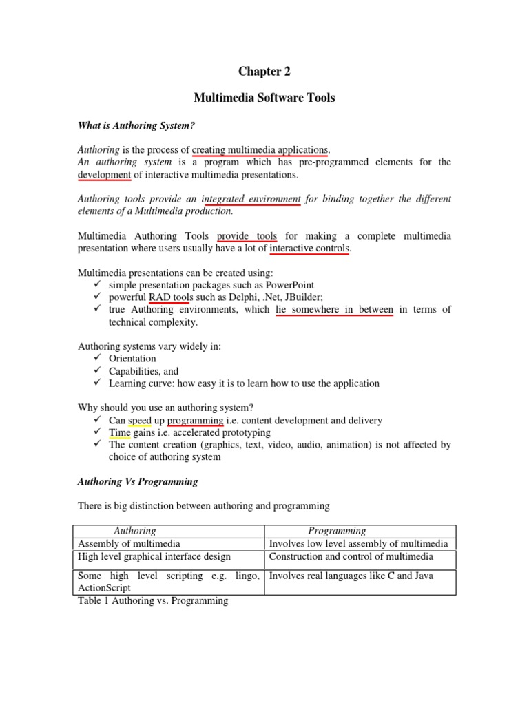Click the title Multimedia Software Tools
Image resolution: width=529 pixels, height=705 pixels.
pyautogui.click(x=264, y=98)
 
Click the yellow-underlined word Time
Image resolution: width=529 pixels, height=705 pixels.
pyautogui.click(x=119, y=432)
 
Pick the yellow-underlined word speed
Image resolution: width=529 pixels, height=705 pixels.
pyautogui.click(x=140, y=420)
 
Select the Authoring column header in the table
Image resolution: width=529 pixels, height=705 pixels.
pyautogui.click(x=134, y=531)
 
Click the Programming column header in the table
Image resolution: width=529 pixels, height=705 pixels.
pyautogui.click(x=337, y=531)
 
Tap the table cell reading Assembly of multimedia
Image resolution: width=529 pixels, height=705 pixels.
pyautogui.click(x=129, y=543)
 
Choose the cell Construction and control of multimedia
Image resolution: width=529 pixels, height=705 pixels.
pyautogui.click(x=351, y=556)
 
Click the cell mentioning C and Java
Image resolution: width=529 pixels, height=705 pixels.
pyautogui.click(x=351, y=576)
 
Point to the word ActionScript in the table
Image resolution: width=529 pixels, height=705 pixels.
pyautogui.click(x=105, y=588)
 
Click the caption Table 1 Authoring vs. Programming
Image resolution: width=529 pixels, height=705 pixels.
pyautogui.click(x=153, y=601)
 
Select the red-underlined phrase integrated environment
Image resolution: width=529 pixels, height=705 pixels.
pyautogui.click(x=251, y=199)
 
